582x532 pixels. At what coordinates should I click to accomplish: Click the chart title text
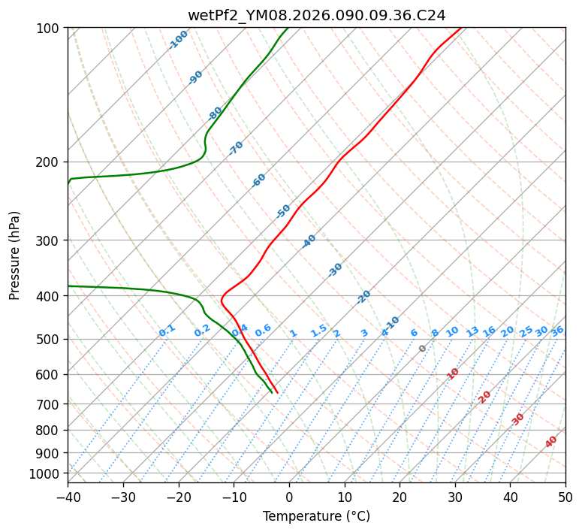[316, 15]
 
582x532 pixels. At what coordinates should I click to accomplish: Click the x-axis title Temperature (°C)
[316, 516]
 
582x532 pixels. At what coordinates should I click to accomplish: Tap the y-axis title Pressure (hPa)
[15, 255]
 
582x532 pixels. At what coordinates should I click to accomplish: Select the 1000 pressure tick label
[45, 473]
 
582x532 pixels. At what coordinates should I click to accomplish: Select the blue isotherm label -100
[178, 39]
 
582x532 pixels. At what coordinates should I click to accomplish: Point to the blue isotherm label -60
[258, 180]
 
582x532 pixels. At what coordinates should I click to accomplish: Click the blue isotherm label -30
[335, 270]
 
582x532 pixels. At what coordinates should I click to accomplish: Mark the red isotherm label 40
[551, 442]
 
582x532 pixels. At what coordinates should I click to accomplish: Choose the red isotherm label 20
[485, 396]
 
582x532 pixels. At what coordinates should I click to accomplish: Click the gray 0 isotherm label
[422, 349]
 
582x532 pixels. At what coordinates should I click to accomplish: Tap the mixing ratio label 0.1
[167, 331]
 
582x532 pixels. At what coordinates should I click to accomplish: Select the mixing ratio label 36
[557, 331]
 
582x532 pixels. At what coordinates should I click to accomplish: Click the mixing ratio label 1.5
[318, 331]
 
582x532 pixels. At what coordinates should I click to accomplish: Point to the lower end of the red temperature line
[277, 392]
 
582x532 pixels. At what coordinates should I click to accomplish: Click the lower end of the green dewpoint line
[271, 392]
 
